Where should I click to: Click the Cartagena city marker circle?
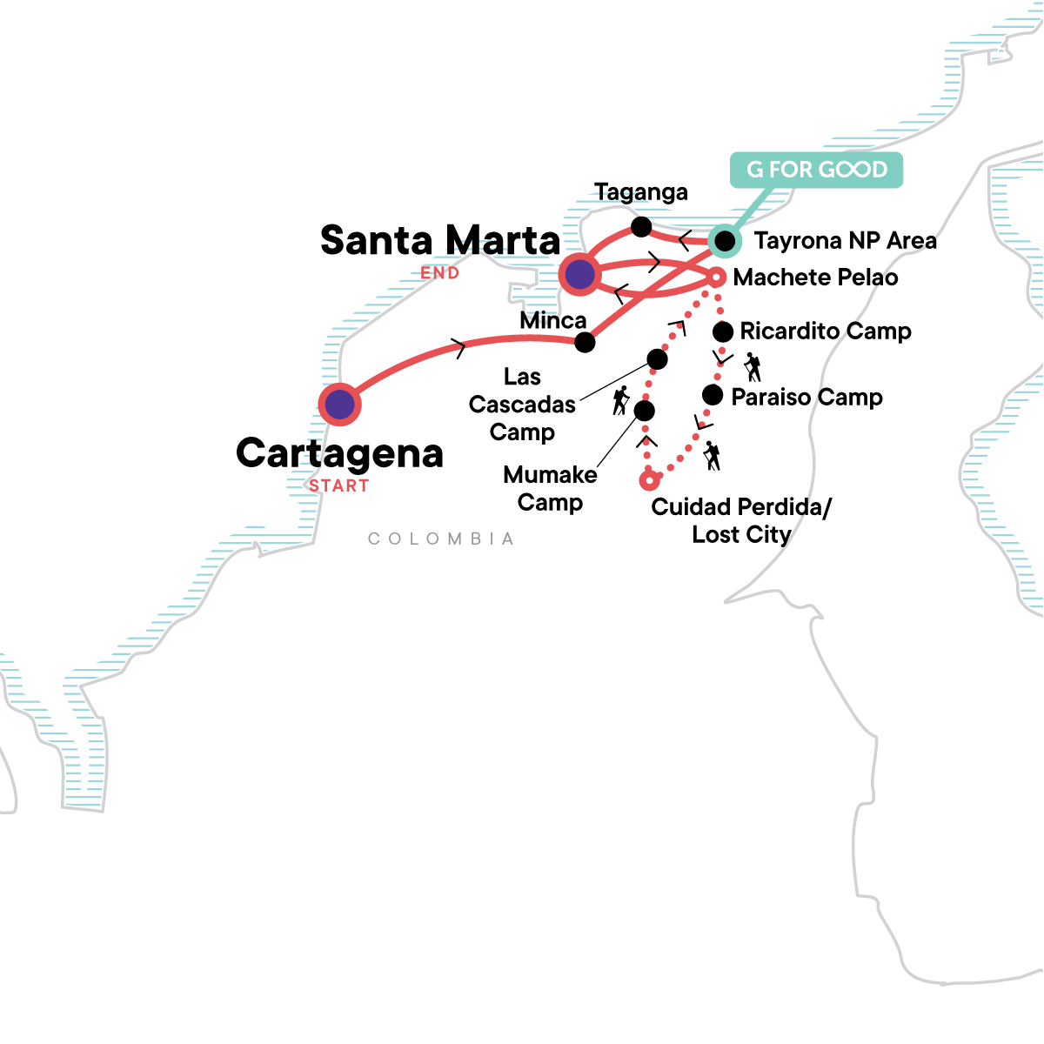339,405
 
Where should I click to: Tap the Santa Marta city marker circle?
579,276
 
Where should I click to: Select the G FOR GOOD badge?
816,170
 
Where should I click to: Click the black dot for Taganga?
641,227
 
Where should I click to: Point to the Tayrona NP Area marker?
724,240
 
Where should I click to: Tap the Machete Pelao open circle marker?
715,278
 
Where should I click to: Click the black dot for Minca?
586,342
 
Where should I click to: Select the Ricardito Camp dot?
722,331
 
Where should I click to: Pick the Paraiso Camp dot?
713,395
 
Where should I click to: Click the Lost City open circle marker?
648,480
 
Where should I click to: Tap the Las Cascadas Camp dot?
658,358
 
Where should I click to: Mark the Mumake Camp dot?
645,411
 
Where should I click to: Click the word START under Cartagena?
339,486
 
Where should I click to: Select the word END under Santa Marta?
440,273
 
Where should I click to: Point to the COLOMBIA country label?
441,539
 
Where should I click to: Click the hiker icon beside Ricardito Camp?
753,367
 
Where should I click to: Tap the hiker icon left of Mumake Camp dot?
620,400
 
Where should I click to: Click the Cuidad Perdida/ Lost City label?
741,520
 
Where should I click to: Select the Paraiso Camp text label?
806,398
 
